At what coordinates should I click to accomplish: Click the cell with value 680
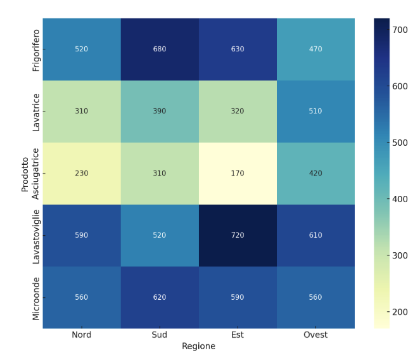click(x=160, y=49)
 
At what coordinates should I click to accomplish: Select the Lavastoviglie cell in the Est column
click(x=238, y=235)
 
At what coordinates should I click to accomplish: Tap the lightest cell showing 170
click(x=238, y=173)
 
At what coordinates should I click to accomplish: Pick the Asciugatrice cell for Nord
click(x=82, y=173)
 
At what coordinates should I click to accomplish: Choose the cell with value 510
click(x=315, y=112)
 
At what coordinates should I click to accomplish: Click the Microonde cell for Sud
click(x=160, y=297)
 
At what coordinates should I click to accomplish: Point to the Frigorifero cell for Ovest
click(x=315, y=49)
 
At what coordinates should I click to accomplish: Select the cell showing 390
click(x=160, y=112)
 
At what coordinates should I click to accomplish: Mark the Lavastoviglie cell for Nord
click(x=82, y=235)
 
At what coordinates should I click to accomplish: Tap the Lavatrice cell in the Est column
click(x=238, y=112)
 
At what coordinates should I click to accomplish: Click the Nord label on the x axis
click(x=82, y=335)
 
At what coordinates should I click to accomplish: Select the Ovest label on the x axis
click(x=315, y=335)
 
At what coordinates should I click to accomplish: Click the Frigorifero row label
click(x=36, y=49)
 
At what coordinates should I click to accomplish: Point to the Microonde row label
click(x=36, y=297)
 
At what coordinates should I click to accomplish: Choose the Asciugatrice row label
click(x=36, y=173)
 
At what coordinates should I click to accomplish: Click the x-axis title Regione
click(x=198, y=346)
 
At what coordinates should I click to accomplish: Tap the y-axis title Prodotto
click(x=25, y=173)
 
